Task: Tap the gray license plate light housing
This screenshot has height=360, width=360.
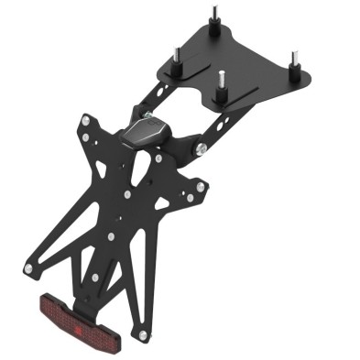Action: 146,130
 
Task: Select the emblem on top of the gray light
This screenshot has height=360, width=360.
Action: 148,122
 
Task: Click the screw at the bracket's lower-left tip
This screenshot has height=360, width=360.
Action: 30,267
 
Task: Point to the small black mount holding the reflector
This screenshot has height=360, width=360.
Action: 86,299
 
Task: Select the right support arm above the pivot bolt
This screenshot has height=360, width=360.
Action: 206,124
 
